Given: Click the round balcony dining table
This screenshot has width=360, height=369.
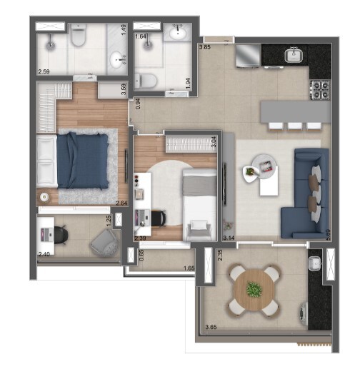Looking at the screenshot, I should coord(254,290).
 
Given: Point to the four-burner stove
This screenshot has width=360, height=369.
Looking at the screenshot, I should coord(319,89).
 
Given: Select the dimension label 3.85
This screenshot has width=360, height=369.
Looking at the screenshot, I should coord(205,47).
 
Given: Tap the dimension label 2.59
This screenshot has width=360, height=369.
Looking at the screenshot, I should coord(44,71).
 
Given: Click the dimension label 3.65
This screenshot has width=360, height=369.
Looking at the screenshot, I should coord(211,328).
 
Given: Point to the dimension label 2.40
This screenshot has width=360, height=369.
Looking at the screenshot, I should coord(44,253).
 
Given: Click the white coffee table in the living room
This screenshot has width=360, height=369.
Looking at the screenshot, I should coord(264,179).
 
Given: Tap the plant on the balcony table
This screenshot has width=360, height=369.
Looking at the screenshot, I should coord(254,289).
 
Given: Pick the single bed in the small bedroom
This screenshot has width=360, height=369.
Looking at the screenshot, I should coord(198,203).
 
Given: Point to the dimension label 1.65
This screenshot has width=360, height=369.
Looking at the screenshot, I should coord(189,268).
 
